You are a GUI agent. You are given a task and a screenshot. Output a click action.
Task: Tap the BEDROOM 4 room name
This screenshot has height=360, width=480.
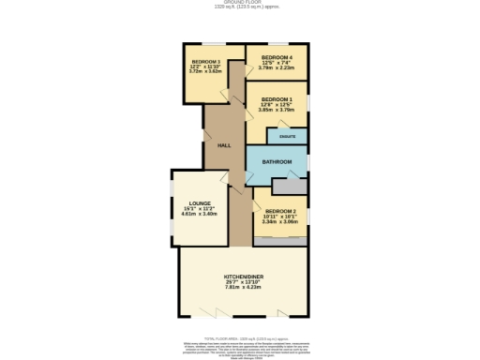click(x=277, y=56)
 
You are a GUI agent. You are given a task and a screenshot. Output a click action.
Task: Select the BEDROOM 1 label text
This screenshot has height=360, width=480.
click(x=277, y=98)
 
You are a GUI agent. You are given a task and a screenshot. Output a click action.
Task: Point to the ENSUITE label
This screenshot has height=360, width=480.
click(x=287, y=137)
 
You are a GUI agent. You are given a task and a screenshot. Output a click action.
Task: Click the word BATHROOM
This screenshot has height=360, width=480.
click(x=277, y=162)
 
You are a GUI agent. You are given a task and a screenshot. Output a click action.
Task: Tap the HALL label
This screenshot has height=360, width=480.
click(x=224, y=145)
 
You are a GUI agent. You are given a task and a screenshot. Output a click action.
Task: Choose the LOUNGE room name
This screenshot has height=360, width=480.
click(x=199, y=202)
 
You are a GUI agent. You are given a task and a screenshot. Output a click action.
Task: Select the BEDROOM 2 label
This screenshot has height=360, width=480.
click(x=280, y=211)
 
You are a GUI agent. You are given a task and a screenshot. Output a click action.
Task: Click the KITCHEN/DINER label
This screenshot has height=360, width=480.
click(x=243, y=277)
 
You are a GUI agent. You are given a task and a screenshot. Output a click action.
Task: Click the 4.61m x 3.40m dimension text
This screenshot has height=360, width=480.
click(x=199, y=214)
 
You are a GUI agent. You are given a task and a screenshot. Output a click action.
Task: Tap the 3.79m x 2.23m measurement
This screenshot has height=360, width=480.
click(x=277, y=67)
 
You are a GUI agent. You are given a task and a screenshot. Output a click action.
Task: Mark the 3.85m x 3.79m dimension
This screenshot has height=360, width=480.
click(x=277, y=110)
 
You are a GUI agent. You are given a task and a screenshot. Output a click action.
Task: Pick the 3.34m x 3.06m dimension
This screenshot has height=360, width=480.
click(x=280, y=222)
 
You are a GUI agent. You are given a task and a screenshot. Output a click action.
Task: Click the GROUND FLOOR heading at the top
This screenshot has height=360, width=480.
click(x=240, y=3)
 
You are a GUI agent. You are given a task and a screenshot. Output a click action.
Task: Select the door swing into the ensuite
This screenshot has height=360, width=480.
click(x=273, y=130)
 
